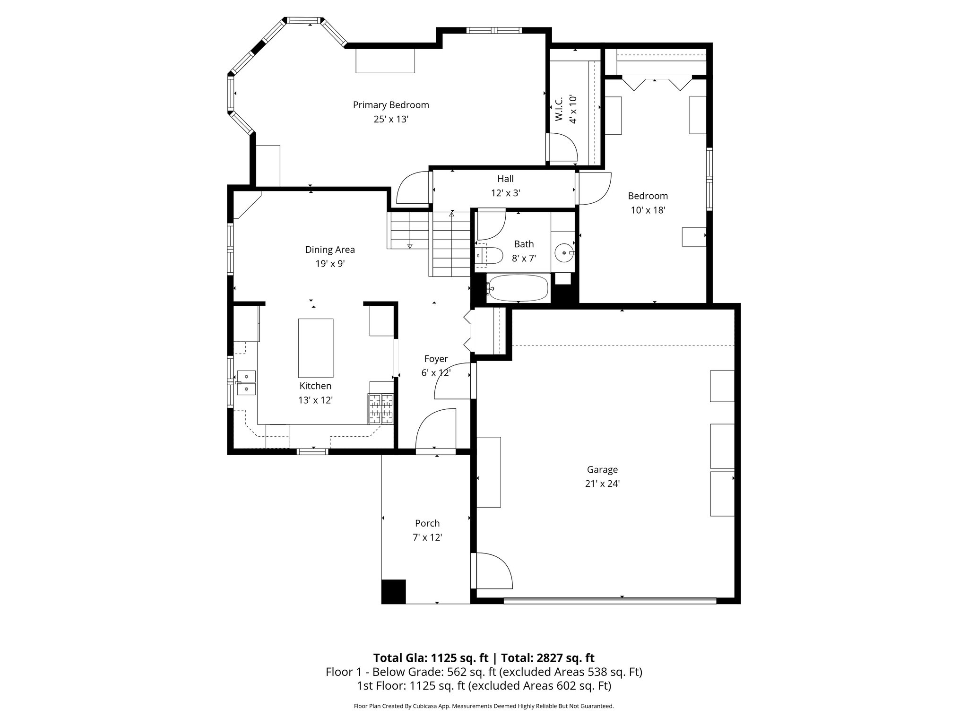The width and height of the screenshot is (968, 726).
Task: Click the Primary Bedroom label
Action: (x=391, y=105)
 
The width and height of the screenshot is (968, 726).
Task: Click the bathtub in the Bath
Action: (x=519, y=288)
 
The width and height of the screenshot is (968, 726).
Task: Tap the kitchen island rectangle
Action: (x=315, y=347)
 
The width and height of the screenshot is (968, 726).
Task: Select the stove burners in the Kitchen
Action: (x=381, y=408)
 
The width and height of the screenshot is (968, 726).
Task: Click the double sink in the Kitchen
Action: (x=246, y=382)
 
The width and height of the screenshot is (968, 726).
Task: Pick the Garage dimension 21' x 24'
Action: (x=602, y=484)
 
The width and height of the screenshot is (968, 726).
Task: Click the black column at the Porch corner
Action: (x=393, y=591)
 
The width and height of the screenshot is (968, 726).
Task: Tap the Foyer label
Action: (x=436, y=359)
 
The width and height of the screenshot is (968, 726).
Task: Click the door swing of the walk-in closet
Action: (x=562, y=148)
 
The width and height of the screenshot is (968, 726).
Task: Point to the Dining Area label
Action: (x=329, y=250)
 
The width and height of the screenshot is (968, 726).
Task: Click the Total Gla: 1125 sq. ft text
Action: (x=432, y=658)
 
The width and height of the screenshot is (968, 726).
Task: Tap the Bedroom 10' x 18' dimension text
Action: (x=648, y=210)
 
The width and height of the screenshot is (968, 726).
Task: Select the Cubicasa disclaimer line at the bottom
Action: (x=484, y=706)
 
